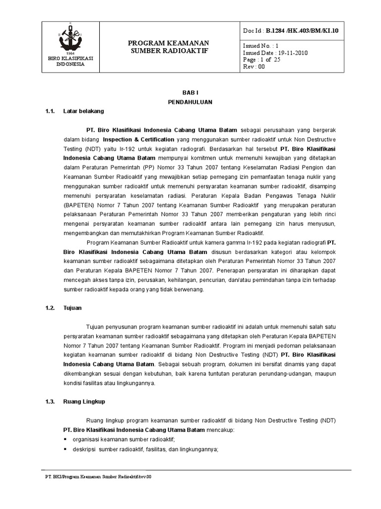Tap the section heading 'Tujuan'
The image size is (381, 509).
pyautogui.click(x=72, y=308)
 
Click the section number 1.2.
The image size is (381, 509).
pyautogui.click(x=49, y=308)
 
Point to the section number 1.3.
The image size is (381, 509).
pyautogui.click(x=49, y=401)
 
